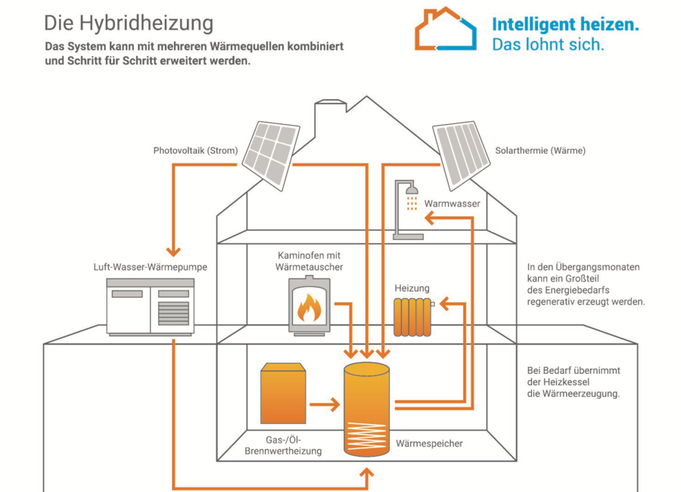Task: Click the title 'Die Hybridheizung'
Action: click(128, 23)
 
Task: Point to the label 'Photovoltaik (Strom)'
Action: click(195, 151)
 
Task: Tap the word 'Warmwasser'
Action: click(452, 204)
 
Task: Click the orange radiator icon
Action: click(412, 316)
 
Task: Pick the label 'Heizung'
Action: click(412, 288)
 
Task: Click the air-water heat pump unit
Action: click(150, 306)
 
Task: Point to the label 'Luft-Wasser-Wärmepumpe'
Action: click(150, 267)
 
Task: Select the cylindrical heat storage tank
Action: click(366, 409)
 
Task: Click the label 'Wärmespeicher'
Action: click(429, 444)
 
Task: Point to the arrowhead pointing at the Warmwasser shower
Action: click(429, 219)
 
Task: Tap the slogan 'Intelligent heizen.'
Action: click(564, 24)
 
